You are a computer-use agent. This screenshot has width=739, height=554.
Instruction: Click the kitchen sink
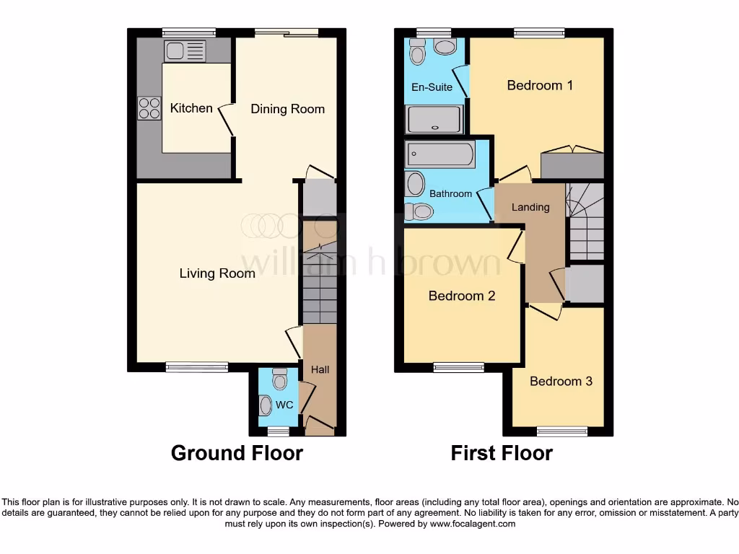click(185, 51)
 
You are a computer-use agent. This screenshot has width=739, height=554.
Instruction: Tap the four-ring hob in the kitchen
click(149, 108)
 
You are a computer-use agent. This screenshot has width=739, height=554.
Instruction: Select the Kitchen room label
click(191, 108)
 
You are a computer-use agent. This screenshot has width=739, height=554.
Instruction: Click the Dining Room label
click(287, 109)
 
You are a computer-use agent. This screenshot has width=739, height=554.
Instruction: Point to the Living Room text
click(217, 273)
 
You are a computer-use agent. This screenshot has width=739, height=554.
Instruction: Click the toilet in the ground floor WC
click(279, 379)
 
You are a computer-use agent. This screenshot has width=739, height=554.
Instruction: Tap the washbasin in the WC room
click(266, 406)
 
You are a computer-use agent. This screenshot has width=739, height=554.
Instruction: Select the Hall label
click(320, 369)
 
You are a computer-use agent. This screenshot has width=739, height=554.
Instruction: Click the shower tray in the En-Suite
click(434, 120)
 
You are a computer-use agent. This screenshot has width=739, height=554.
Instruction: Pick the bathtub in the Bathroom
click(440, 154)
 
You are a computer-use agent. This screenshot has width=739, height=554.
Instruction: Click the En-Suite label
click(432, 87)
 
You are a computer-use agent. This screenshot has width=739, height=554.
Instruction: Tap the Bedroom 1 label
click(540, 86)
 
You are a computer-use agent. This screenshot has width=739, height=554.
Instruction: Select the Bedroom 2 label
click(461, 296)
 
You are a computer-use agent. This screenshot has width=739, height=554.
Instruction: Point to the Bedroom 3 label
click(561, 381)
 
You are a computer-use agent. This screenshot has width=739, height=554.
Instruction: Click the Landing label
click(530, 207)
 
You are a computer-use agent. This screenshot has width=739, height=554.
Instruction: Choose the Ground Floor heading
click(237, 453)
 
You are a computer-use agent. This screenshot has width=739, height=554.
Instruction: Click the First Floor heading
click(502, 453)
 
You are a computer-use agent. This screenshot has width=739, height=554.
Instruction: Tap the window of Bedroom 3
click(562, 431)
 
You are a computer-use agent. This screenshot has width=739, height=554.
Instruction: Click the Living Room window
click(196, 367)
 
